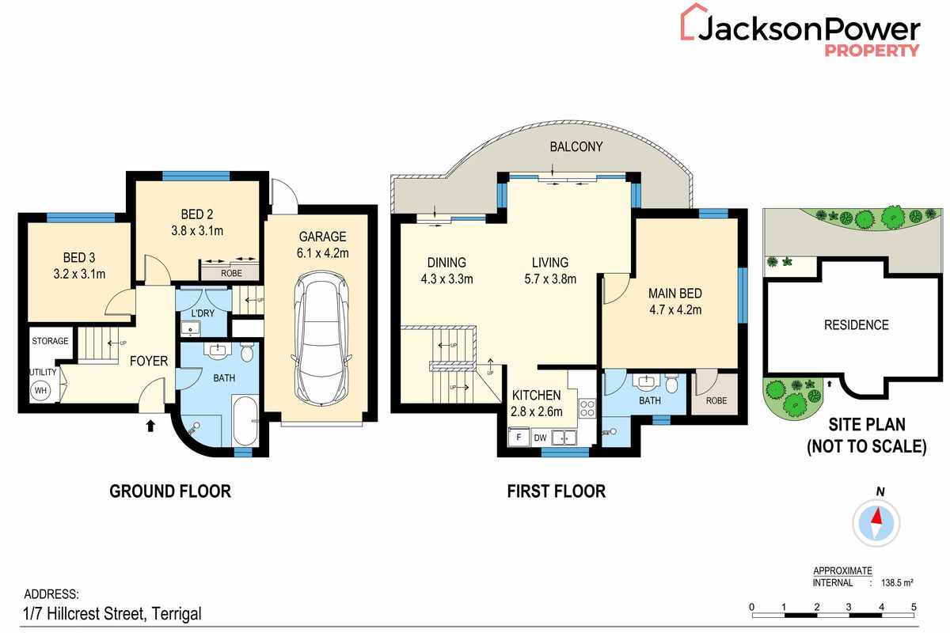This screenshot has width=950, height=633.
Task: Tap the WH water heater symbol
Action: [x=40, y=389]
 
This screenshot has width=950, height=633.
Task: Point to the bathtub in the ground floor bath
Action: [x=243, y=421]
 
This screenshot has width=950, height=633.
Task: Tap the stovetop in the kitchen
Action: [x=587, y=408]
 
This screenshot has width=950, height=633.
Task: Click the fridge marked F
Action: [x=519, y=436]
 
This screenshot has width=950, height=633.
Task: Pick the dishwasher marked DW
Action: [x=541, y=436]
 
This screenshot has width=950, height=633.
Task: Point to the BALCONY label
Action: [x=576, y=146]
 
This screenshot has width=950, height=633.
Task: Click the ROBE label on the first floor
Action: [x=716, y=400]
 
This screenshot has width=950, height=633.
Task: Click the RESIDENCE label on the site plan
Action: [x=856, y=324]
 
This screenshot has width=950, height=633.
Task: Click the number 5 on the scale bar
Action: [x=914, y=607]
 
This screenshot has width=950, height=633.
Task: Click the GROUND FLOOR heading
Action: [x=170, y=491]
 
